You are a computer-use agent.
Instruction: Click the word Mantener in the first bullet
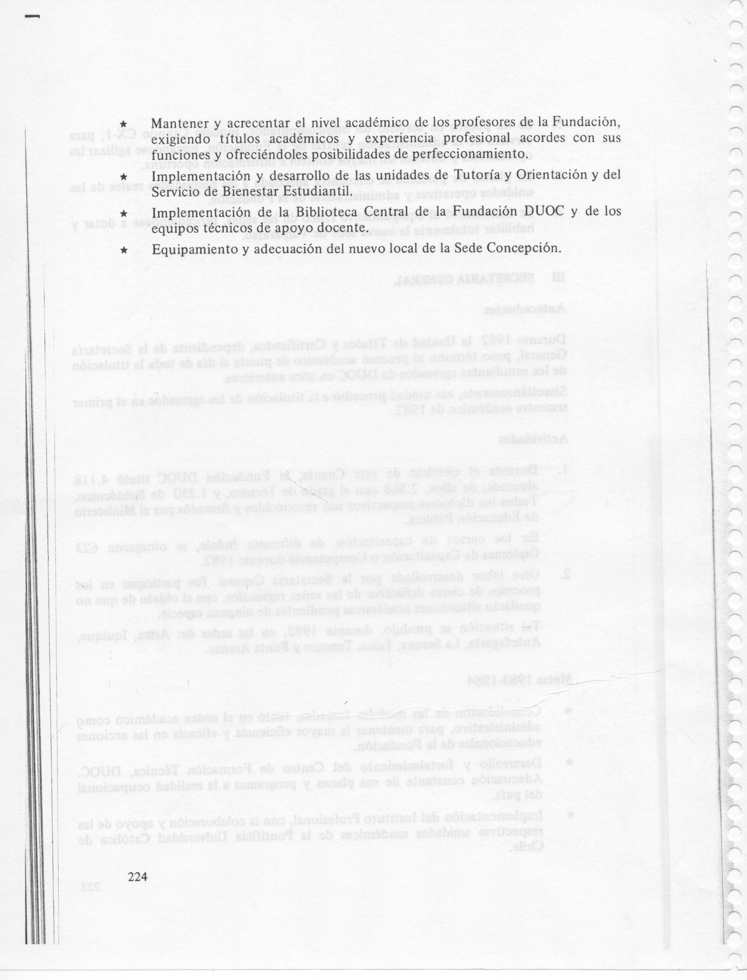pos(181,122)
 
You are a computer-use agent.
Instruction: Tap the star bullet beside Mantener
pos(125,123)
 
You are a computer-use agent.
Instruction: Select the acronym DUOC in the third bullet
pos(544,211)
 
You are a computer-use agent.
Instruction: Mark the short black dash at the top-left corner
pos(32,17)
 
